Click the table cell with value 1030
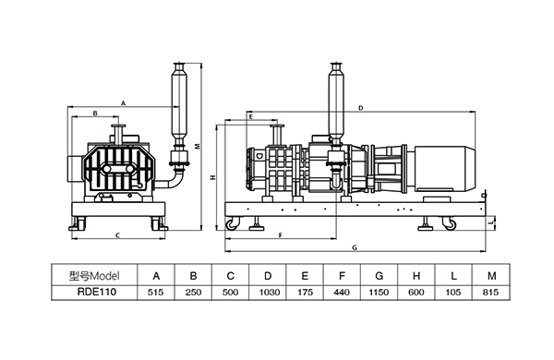pos(268,293)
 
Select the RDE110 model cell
pos(95,293)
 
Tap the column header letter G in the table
pos(379,276)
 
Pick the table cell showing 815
pos(491,293)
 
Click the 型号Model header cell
pos(95,275)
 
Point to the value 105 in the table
pos(453,293)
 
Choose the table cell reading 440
pos(342,293)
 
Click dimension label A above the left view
pos(124,103)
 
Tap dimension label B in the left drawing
pos(95,114)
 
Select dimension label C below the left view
pos(118,235)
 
